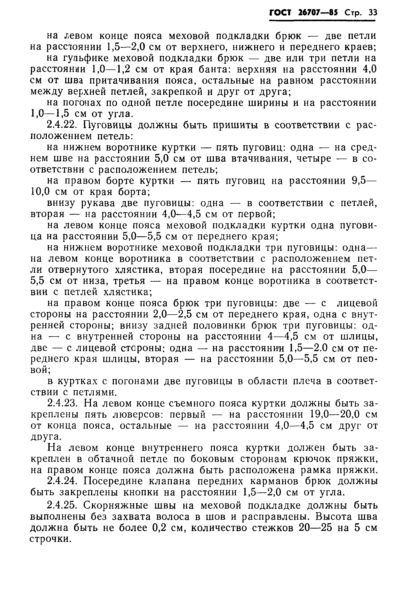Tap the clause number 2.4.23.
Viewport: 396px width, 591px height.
click(63, 403)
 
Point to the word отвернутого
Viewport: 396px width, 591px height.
click(79, 270)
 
